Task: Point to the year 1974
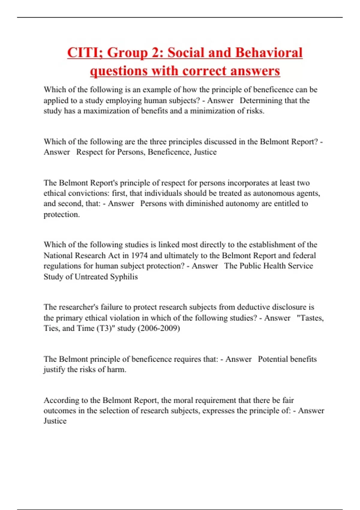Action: pyautogui.click(x=139, y=256)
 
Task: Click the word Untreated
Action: pyautogui.click(x=91, y=277)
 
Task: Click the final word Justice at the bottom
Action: pyautogui.click(x=55, y=421)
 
